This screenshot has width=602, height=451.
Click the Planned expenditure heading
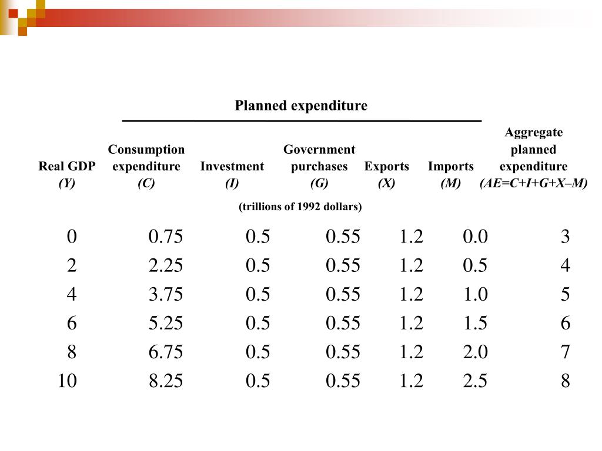(301, 106)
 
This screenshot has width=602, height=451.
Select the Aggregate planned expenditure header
(534, 149)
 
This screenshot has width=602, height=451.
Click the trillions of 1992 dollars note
(300, 207)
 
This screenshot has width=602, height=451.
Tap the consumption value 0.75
(166, 237)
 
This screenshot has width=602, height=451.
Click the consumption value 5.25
(166, 323)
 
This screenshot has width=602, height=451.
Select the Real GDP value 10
(67, 381)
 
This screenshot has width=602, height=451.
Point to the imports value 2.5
(475, 381)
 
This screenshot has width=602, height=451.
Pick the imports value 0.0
(475, 237)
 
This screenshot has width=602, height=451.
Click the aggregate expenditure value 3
(565, 237)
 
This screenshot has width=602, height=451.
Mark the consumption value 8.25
(166, 381)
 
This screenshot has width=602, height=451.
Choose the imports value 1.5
(475, 323)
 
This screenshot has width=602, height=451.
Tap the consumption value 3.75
(166, 294)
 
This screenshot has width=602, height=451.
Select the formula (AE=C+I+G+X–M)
(534, 183)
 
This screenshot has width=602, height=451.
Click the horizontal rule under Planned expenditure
(302, 121)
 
